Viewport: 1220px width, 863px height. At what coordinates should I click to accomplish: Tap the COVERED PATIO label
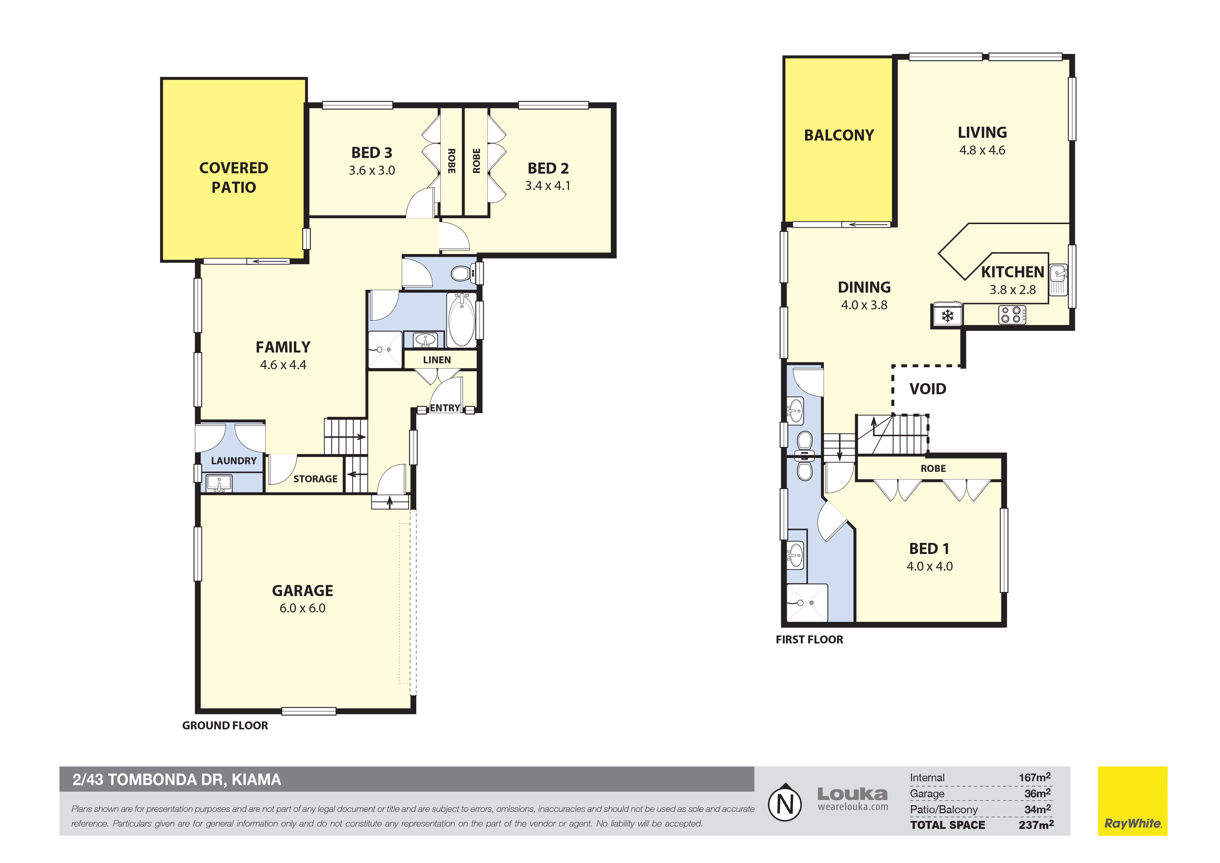point(234,177)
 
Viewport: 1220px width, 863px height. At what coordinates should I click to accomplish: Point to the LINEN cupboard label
point(437,360)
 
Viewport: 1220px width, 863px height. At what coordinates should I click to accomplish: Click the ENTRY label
point(445,408)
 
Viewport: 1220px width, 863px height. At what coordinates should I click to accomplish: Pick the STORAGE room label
point(315,478)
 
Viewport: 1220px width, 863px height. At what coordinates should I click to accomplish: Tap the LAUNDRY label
point(234,460)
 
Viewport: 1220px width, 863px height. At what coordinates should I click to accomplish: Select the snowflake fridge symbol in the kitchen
point(947,316)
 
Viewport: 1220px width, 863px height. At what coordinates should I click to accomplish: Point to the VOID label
point(928,389)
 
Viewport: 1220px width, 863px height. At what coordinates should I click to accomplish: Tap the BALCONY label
point(839,135)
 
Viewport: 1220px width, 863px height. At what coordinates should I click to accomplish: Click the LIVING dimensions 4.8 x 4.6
point(982,150)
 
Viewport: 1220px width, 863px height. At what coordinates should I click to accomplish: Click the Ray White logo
point(1133,801)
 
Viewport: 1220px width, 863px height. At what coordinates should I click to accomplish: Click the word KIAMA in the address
point(256,779)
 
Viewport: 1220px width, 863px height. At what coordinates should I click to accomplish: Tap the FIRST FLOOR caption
point(809,640)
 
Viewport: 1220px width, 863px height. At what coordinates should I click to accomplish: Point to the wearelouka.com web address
point(853,807)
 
